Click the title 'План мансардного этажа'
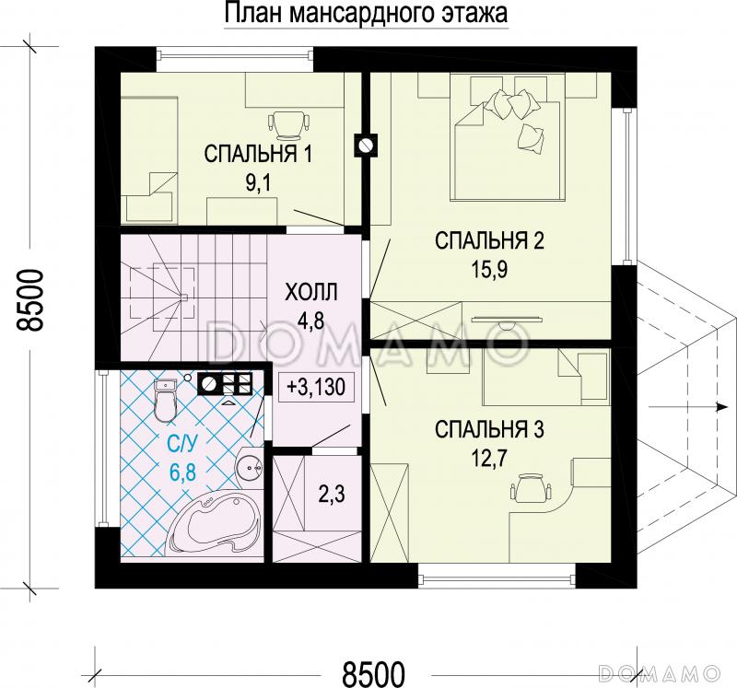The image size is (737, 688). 366,15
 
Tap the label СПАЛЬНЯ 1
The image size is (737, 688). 258,154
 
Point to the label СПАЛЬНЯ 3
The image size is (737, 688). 490,428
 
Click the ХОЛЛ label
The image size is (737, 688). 311,293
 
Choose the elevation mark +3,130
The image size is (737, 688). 315,387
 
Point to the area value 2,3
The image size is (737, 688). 332,496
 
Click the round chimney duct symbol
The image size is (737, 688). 366,145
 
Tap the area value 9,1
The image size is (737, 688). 258,181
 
